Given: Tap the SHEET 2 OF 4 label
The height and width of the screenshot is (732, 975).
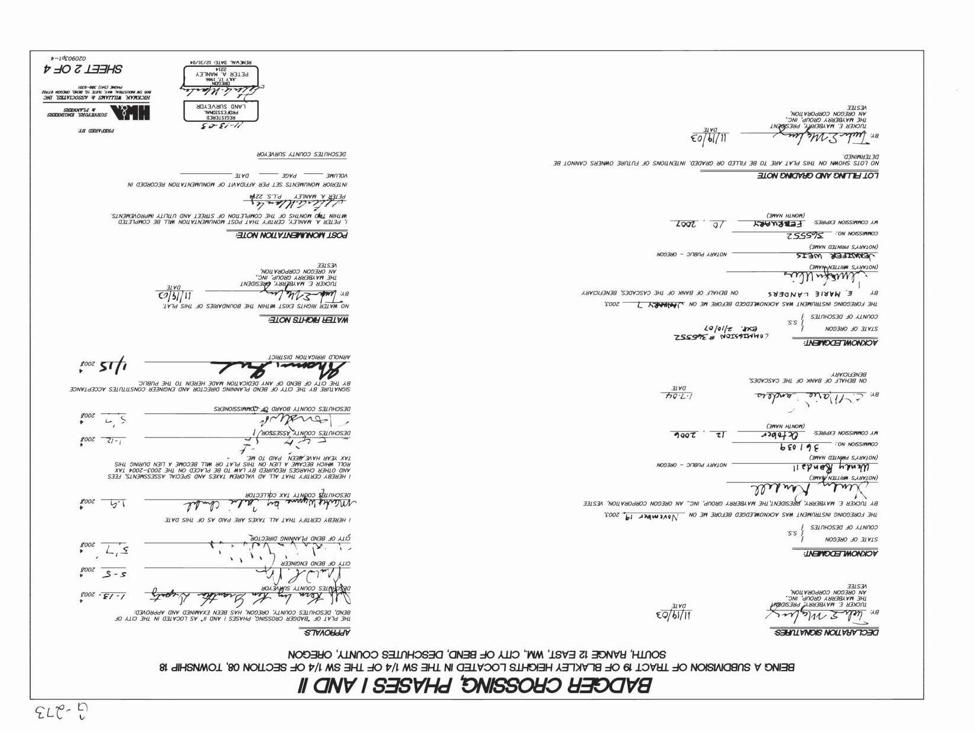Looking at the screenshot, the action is pyautogui.click(x=83, y=69).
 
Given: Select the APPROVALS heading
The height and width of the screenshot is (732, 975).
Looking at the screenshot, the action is pyautogui.click(x=328, y=633).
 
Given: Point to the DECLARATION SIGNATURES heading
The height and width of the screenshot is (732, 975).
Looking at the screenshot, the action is pyautogui.click(x=826, y=633).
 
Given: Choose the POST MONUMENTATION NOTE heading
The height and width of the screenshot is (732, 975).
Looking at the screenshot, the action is pyautogui.click(x=288, y=235).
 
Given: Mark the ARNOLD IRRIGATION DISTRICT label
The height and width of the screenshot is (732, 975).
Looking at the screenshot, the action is pyautogui.click(x=309, y=357).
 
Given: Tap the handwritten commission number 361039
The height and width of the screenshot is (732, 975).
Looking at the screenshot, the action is pyautogui.click(x=803, y=448).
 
